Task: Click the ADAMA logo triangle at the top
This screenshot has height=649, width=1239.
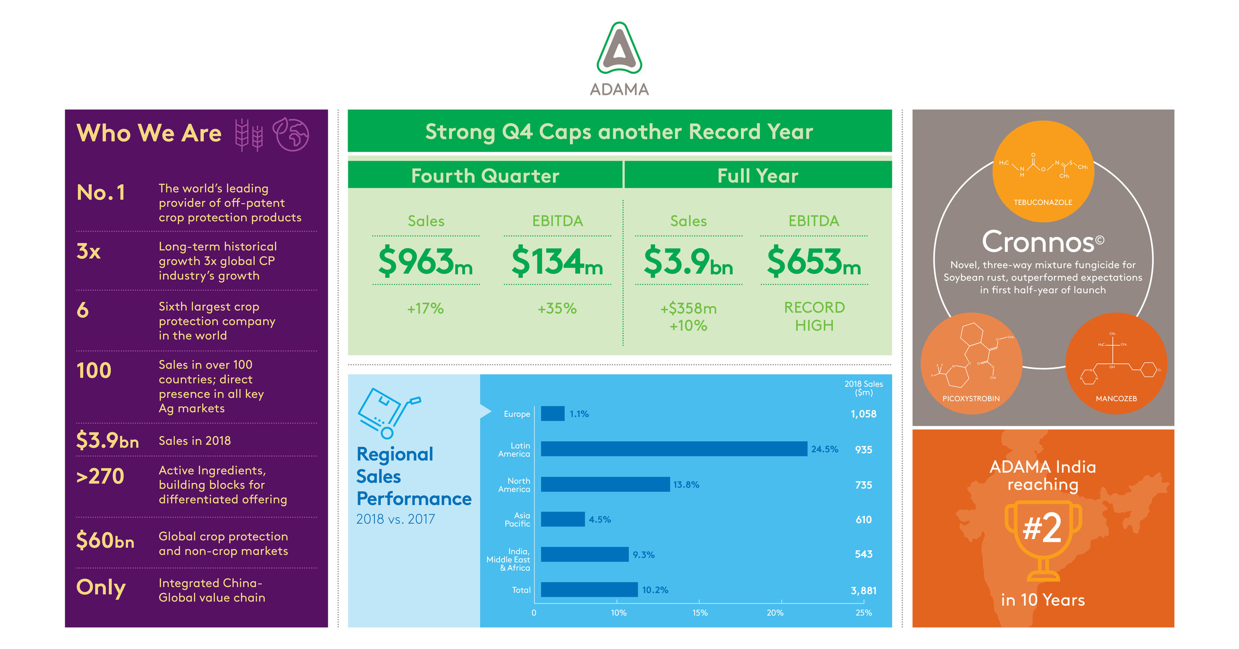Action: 619,48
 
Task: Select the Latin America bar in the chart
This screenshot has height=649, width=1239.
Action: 673,449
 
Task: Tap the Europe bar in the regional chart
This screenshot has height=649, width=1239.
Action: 553,414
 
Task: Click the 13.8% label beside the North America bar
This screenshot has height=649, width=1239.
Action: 686,485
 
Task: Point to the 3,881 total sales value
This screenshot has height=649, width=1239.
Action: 863,590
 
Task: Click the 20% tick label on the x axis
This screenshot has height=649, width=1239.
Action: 775,612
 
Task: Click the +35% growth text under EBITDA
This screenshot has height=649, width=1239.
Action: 557,308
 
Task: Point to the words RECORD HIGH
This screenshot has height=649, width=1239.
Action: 814,316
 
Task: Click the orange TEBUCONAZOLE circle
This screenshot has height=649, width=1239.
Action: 1043,171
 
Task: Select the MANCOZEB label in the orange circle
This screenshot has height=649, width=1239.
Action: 1116,398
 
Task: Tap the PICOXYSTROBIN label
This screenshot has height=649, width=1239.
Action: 971,398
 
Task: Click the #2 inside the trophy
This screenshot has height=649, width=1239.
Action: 1042,528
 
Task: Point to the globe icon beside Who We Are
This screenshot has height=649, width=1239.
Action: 291,134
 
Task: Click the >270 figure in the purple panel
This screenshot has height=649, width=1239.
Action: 100,476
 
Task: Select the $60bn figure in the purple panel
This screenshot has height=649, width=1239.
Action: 105,540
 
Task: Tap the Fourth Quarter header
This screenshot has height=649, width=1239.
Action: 485,176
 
